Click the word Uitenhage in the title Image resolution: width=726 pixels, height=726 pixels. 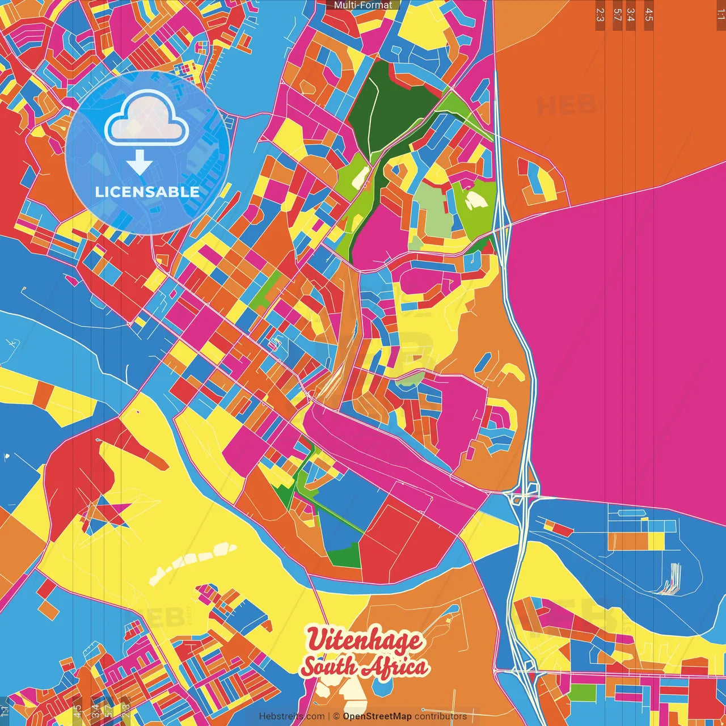point(364,640)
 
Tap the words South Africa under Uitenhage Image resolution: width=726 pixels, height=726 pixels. point(364,667)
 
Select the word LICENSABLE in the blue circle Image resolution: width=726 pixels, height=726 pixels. point(147,192)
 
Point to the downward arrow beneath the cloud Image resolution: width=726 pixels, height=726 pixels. point(140,162)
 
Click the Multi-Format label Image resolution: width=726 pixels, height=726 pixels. point(363,5)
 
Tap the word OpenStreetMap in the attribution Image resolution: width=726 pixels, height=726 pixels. point(377,716)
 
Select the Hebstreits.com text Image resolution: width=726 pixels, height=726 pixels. point(292,716)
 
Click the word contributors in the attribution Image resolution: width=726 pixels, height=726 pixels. point(441,716)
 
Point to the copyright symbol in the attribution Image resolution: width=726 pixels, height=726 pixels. point(336,716)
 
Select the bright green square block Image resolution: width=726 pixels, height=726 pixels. point(583,693)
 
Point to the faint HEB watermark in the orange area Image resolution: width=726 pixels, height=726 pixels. point(567,105)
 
